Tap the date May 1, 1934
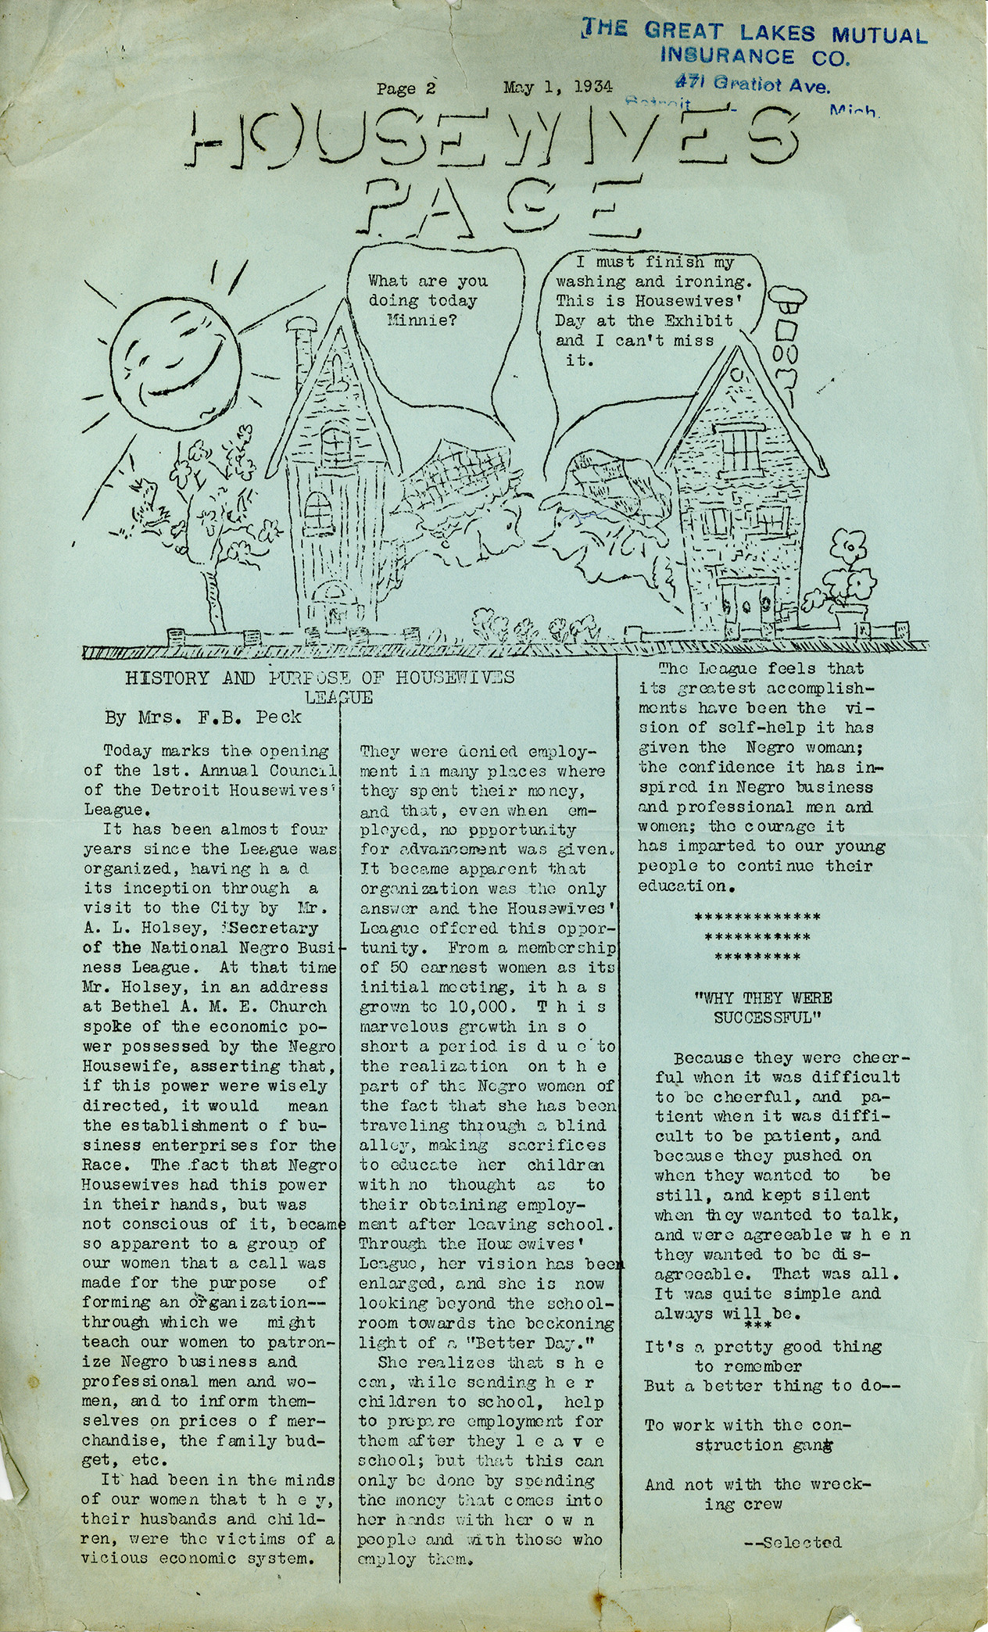coord(557,87)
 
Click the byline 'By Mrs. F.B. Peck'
coord(195,714)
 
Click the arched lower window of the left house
coord(317,512)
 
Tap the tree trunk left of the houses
coord(209,598)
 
